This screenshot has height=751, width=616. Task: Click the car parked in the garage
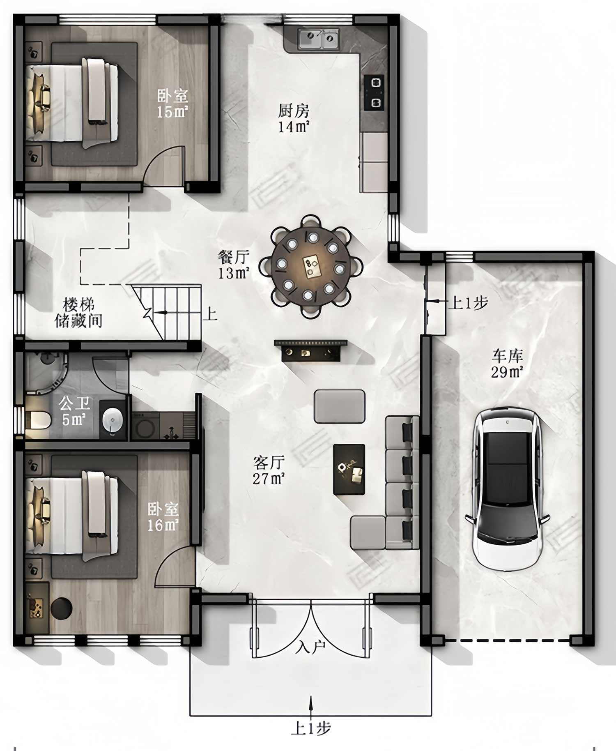click(507, 489)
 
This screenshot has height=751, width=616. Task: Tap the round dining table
click(311, 266)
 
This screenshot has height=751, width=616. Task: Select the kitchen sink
click(318, 39)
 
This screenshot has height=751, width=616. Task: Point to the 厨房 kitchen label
click(294, 111)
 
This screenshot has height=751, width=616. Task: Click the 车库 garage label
click(508, 356)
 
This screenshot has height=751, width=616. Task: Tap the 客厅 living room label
click(269, 463)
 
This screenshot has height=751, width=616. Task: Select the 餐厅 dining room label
click(234, 257)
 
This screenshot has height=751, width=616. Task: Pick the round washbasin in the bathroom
click(112, 420)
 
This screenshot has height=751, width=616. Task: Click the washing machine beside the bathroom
click(145, 426)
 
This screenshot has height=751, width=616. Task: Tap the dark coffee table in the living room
click(349, 469)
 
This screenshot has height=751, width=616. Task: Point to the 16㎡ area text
click(163, 525)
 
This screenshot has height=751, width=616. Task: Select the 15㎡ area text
click(172, 112)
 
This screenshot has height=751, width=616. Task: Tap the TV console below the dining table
click(311, 350)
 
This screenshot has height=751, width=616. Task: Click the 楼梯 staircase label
click(78, 305)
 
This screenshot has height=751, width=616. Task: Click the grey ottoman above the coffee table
click(340, 406)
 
